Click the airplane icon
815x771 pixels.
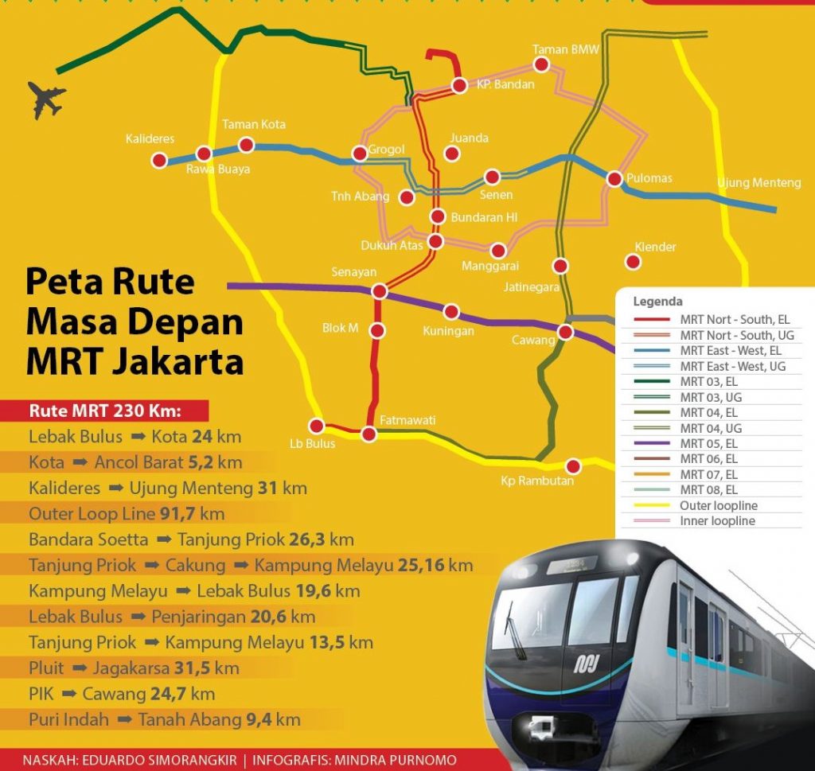[x=46, y=99]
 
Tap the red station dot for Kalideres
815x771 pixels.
[x=159, y=161]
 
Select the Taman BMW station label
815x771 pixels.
[x=566, y=49]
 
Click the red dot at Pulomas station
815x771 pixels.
[x=614, y=179]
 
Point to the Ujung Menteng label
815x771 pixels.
[x=758, y=183]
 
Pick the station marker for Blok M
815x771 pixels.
[x=377, y=330]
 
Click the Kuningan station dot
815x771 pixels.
[x=451, y=311]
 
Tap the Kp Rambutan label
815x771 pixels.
[x=536, y=481]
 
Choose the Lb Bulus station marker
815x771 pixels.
[x=317, y=426]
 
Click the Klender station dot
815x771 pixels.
[x=634, y=261]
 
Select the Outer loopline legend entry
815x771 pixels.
[x=718, y=506]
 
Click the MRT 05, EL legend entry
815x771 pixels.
[x=708, y=444]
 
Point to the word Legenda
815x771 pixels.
[x=657, y=302]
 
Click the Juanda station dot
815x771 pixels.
[x=453, y=154]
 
